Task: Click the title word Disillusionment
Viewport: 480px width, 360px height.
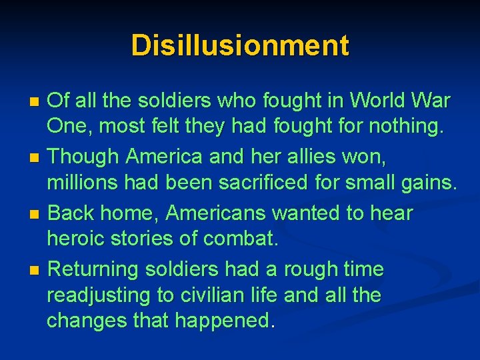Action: pyautogui.click(x=240, y=46)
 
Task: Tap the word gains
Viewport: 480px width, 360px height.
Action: pyautogui.click(x=429, y=182)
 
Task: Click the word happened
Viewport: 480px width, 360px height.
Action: pyautogui.click(x=223, y=321)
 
